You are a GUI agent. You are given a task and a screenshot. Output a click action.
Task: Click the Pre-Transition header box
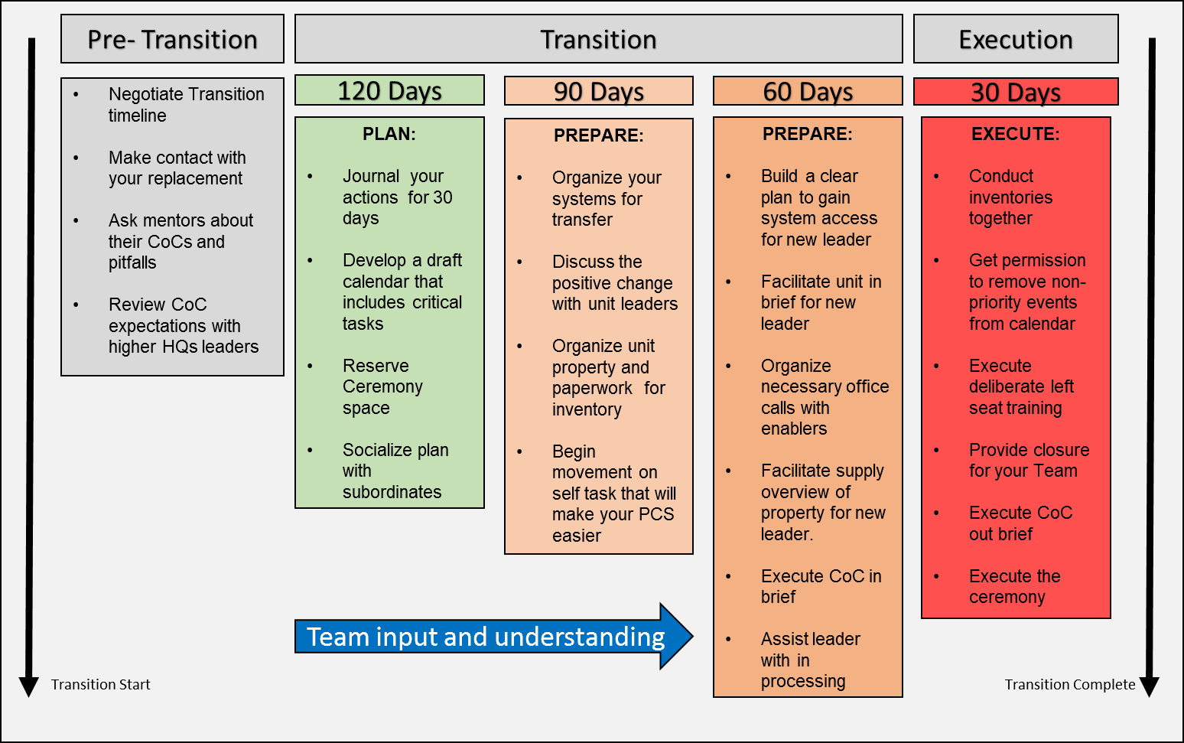tap(172, 39)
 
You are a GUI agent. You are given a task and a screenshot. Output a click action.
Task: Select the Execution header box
tap(1015, 39)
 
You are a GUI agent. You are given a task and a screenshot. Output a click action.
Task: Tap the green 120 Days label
tap(389, 90)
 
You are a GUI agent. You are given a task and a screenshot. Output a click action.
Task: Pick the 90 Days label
tap(598, 91)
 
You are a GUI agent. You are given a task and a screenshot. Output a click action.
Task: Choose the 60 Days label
tap(807, 91)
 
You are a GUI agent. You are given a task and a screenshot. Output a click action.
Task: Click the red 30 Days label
tap(1015, 92)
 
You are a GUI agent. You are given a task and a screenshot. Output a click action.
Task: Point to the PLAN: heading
tap(389, 134)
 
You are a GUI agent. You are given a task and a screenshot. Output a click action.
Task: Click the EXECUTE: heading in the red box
tap(1015, 134)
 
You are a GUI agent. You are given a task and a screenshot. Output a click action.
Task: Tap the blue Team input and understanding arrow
tap(490, 637)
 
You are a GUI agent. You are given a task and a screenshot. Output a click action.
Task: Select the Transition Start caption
tap(100, 684)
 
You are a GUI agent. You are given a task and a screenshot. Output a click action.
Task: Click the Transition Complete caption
tap(1069, 684)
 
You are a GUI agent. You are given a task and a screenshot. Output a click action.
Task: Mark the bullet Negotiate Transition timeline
tap(186, 105)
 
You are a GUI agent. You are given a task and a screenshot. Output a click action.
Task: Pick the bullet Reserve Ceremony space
tap(382, 386)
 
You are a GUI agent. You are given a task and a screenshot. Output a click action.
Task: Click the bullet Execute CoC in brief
tap(820, 586)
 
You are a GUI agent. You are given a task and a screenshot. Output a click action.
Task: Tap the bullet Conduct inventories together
tap(1010, 197)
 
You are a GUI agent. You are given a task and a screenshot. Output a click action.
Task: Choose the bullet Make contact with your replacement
tap(177, 168)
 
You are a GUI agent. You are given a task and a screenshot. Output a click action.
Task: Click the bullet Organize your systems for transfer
tap(606, 198)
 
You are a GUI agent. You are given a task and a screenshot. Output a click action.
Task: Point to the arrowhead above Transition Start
tap(29, 686)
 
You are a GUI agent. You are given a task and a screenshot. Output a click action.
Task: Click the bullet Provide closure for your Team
tap(1028, 460)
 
